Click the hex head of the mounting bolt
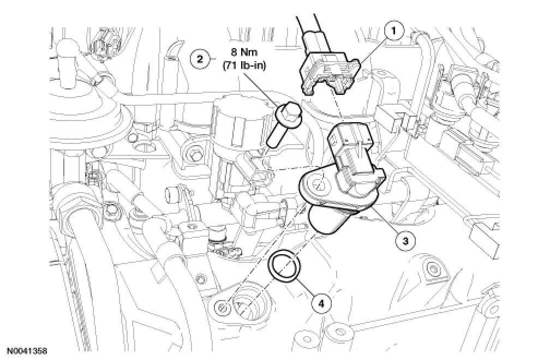286,112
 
